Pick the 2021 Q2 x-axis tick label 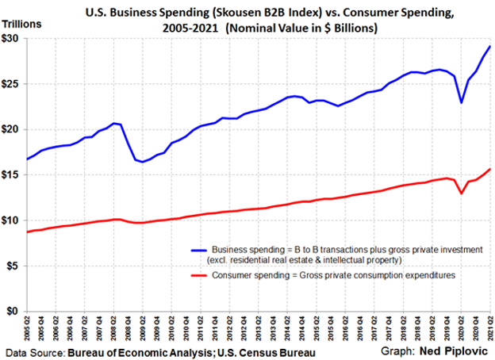489,328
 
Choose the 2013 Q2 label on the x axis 260,328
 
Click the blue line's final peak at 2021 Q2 489,47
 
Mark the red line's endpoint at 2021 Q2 489,169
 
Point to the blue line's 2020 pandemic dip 461,102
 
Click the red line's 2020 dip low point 461,193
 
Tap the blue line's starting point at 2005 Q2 29,159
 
